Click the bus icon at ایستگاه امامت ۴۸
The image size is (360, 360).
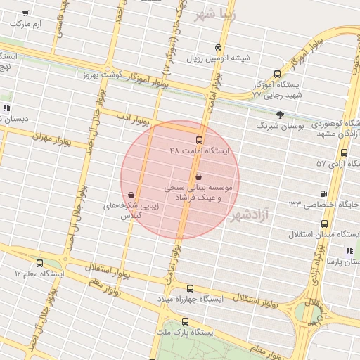click(199, 141)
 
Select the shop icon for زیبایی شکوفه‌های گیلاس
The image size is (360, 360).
click(132, 195)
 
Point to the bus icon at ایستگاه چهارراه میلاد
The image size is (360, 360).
click(190, 288)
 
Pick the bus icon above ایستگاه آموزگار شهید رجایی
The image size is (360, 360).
click(277, 74)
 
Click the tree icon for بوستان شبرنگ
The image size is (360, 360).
click(280, 114)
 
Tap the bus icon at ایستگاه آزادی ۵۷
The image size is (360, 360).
click(344, 153)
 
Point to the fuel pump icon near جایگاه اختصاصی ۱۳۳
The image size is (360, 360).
click(323, 193)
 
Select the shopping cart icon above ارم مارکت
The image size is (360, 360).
click(26, 13)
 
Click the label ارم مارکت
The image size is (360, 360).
click(26, 25)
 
